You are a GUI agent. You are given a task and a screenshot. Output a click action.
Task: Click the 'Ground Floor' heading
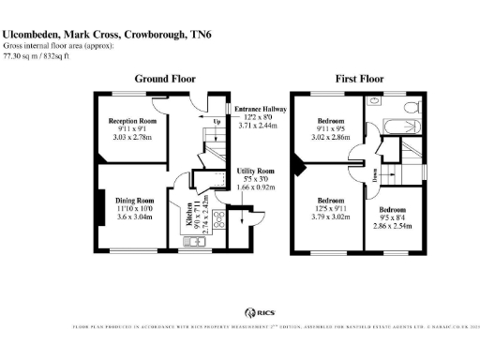pos(165,79)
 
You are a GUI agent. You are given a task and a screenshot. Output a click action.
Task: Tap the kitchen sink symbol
pos(195,242)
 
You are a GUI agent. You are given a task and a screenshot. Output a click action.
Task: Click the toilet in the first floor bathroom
pos(374,100)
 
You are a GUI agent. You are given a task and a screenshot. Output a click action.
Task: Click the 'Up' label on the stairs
pos(217,121)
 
